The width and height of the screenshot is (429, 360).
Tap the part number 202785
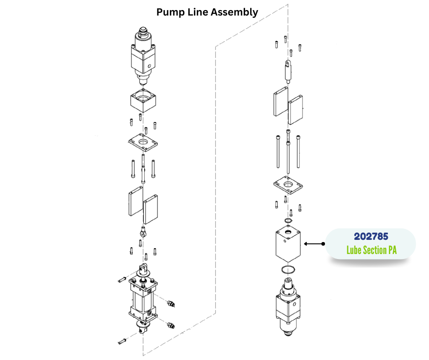tap(371, 237)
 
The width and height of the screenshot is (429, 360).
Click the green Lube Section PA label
tap(371, 250)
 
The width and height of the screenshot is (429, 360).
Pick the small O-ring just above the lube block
tap(288, 221)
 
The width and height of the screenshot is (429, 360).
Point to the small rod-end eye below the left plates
tap(143, 233)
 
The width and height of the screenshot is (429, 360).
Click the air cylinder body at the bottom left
tap(142, 299)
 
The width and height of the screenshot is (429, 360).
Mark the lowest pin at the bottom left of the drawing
tap(122, 341)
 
